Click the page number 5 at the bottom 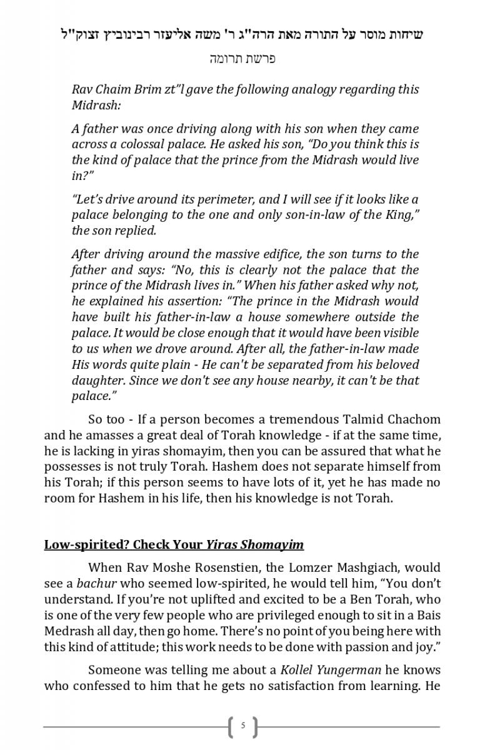click(x=243, y=726)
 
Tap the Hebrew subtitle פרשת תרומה click(x=242, y=59)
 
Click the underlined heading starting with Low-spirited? click(x=174, y=544)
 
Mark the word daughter click(x=98, y=380)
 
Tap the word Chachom click(x=416, y=419)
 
